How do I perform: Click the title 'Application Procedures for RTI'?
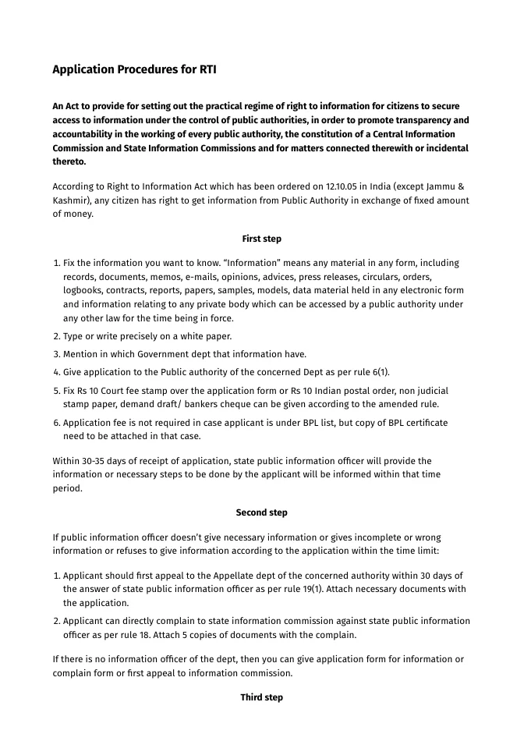pos(134,69)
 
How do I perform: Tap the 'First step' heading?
pos(261,239)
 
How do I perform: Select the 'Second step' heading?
pos(261,512)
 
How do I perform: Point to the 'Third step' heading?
pos(261,697)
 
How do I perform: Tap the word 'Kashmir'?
pos(72,200)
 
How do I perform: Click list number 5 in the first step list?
pos(55,390)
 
